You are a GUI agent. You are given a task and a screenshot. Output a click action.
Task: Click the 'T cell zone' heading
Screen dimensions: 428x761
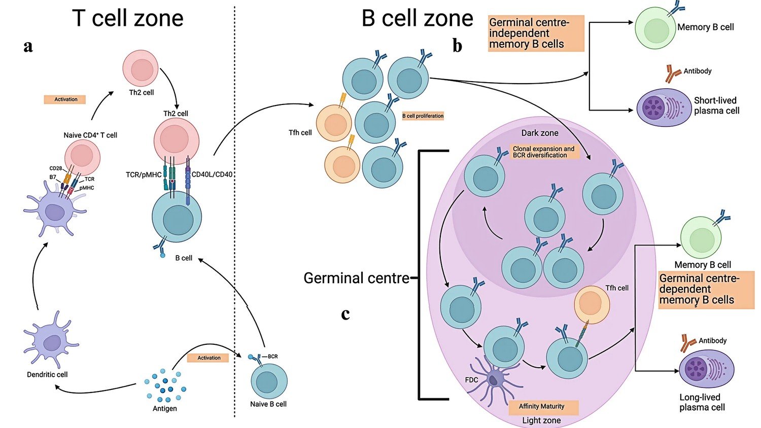[127, 18]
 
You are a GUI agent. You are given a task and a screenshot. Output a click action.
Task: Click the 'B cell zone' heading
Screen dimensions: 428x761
[417, 18]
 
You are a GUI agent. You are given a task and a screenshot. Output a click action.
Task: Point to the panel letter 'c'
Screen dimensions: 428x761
[345, 314]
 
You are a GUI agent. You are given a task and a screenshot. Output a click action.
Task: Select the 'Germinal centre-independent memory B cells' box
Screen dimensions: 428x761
[536, 33]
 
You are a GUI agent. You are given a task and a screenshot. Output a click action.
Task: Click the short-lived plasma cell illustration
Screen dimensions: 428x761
[664, 108]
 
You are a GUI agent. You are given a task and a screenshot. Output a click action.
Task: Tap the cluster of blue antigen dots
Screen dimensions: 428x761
[165, 387]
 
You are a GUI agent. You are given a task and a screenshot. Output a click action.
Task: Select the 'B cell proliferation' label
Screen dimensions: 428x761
[423, 116]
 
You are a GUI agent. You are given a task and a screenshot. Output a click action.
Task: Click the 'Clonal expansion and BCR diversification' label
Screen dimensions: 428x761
[544, 152]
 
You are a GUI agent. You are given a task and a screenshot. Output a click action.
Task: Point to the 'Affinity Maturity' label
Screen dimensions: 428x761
[541, 406]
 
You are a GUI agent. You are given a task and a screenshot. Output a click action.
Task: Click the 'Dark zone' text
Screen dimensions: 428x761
[540, 133]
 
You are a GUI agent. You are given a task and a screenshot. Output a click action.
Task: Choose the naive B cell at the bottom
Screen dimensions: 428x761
[269, 381]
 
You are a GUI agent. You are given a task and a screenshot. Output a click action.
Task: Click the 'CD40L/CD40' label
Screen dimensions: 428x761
[212, 174]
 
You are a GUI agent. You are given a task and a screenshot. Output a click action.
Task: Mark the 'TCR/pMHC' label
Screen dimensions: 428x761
[144, 174]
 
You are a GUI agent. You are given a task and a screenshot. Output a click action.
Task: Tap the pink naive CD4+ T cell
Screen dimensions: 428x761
[82, 157]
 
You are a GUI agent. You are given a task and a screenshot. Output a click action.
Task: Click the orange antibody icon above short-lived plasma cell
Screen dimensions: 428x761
[673, 74]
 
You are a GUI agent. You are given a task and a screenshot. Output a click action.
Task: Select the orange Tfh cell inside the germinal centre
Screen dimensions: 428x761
[592, 304]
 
